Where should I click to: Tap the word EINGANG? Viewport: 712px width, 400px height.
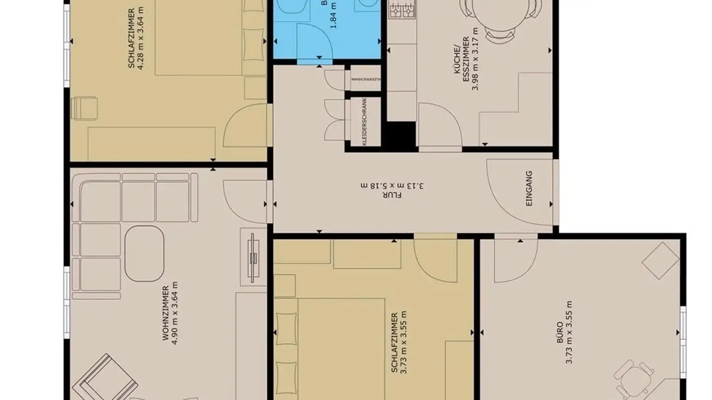[529, 188]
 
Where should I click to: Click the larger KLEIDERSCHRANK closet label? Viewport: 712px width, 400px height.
[364, 121]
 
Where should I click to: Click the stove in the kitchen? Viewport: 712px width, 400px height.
[401, 9]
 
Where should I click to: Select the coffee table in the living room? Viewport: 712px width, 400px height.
[144, 254]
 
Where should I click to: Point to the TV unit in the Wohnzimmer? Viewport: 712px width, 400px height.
[253, 257]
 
